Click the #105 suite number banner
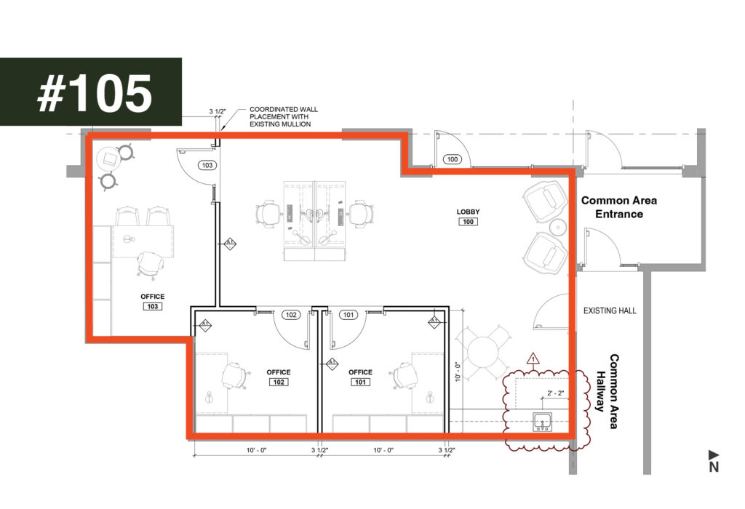(91, 92)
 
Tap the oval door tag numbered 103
(207, 165)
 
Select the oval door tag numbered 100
(453, 159)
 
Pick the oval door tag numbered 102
(291, 315)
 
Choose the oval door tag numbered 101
(348, 315)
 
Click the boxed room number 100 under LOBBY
(468, 222)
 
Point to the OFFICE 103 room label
(153, 302)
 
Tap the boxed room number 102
(279, 382)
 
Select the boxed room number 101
(360, 382)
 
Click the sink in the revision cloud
(542, 422)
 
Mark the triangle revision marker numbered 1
(533, 358)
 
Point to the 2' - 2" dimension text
(555, 393)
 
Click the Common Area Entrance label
(619, 207)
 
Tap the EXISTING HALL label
(610, 310)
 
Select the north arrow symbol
(714, 461)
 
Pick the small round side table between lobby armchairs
(558, 228)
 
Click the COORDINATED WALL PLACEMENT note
(284, 117)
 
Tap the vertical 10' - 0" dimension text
(458, 372)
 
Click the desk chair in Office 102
(235, 376)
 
